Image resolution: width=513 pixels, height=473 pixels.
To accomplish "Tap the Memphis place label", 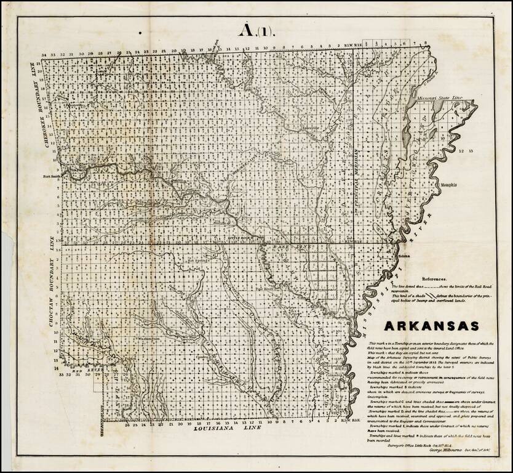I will (x=450, y=184).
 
